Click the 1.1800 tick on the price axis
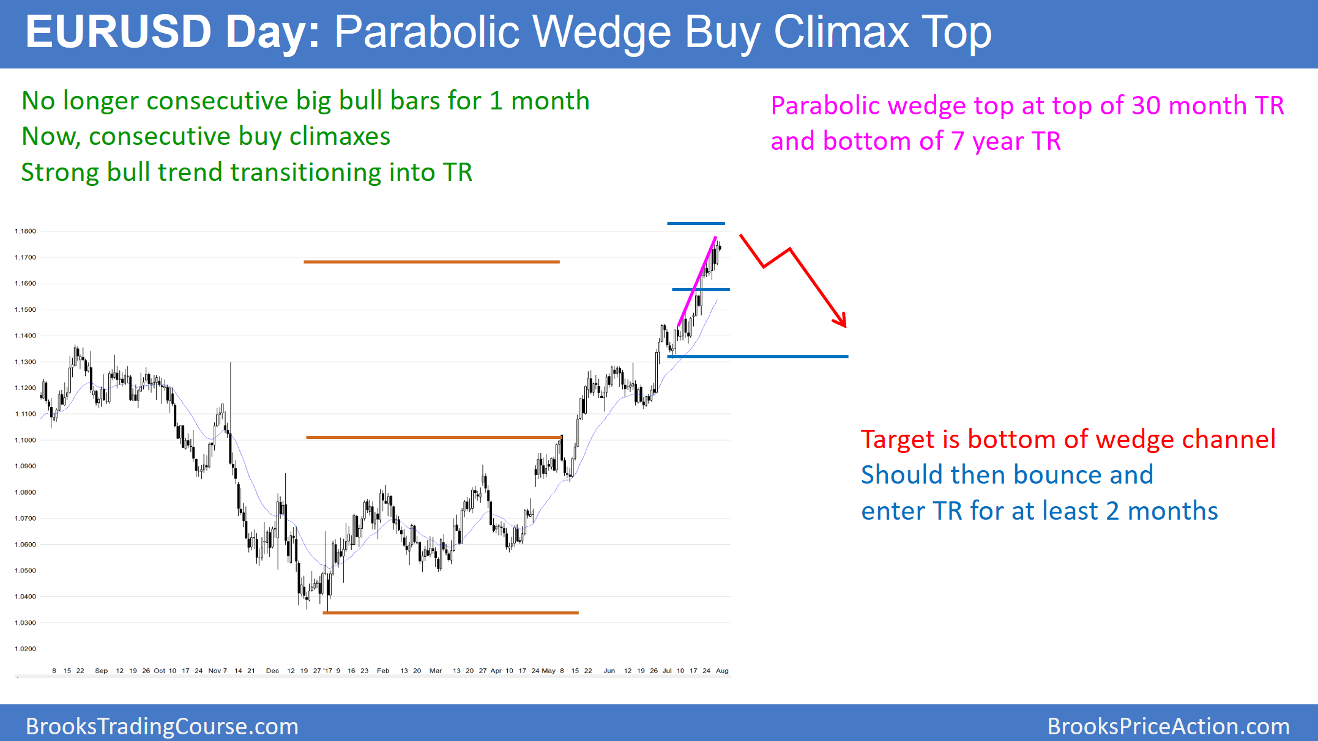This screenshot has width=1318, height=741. tap(25, 231)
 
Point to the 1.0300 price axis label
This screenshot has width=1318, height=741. tap(25, 622)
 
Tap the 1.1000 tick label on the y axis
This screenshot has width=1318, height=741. tap(25, 440)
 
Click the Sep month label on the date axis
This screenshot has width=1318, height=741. tap(101, 671)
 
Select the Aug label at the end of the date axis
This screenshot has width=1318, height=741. tap(722, 671)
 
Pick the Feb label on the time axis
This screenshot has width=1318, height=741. tap(383, 671)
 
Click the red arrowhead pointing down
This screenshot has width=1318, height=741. tap(841, 320)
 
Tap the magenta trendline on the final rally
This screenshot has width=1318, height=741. tap(697, 281)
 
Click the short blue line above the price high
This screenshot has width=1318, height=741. tap(696, 223)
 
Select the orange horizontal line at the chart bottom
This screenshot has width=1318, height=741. tap(450, 613)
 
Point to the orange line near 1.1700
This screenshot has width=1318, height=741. tap(431, 262)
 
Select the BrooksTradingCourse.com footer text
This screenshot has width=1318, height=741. tap(162, 726)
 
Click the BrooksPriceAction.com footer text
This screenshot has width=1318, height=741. tap(1168, 726)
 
